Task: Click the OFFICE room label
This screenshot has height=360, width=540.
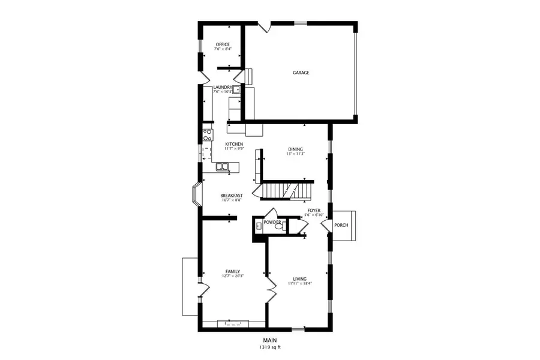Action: pos(223,44)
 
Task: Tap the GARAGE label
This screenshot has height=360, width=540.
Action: pos(301,73)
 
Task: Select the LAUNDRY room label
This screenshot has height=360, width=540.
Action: pos(222,88)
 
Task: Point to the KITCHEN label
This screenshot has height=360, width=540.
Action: pos(234,144)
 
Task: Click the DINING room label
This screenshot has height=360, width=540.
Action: pos(295,149)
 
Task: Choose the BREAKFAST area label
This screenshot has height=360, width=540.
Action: pos(232,196)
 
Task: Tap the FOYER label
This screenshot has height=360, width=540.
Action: pos(314,210)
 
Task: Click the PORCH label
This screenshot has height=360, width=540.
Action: pos(341,225)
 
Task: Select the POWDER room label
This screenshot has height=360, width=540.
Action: pos(272,222)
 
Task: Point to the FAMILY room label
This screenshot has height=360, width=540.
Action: pos(233,271)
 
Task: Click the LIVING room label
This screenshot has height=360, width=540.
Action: pos(300,279)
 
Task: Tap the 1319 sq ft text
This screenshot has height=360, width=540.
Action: pos(269,347)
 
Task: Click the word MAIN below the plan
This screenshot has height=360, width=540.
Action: pos(269,340)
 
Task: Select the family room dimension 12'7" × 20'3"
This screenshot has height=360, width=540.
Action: pos(233,276)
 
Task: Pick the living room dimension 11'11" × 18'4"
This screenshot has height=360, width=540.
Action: pos(300,284)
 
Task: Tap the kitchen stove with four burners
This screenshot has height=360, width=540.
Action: pos(207,134)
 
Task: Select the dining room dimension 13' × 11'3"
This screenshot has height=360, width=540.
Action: pos(295,154)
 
